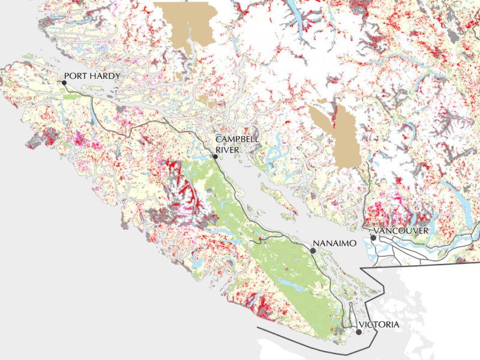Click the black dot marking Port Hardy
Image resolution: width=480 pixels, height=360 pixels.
pyautogui.click(x=64, y=83)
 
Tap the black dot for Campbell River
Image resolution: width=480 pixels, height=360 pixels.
pyautogui.click(x=215, y=157)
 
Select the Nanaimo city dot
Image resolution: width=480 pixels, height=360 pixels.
pyautogui.click(x=313, y=250)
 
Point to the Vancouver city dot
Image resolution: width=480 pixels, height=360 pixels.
pyautogui.click(x=373, y=238)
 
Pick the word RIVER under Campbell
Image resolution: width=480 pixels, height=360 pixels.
pyautogui.click(x=227, y=149)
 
